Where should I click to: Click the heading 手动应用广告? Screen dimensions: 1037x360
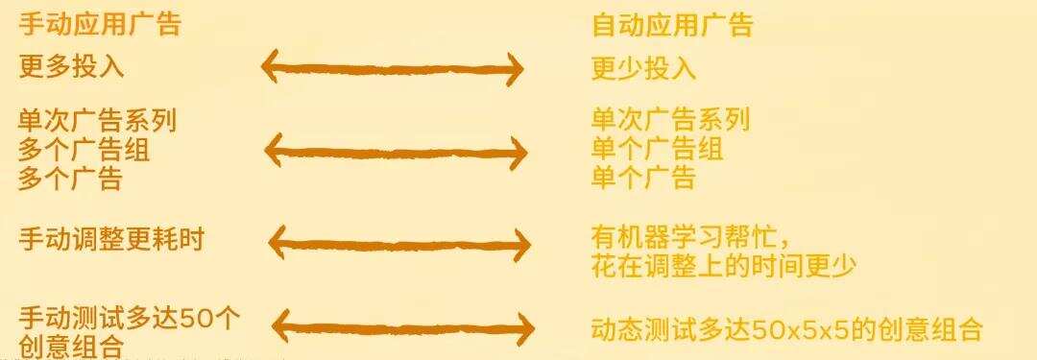click(100, 24)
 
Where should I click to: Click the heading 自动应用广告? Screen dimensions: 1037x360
click(672, 25)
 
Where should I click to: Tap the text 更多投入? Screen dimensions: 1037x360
click(72, 66)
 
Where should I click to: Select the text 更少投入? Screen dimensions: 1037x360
click(643, 68)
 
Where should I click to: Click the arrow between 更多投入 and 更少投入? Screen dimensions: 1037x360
click(393, 68)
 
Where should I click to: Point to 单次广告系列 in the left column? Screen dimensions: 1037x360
click(98, 121)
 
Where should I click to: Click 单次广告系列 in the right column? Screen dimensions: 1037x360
click(670, 120)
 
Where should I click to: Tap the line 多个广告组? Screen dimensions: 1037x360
click(84, 150)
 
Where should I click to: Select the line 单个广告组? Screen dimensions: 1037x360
click(657, 149)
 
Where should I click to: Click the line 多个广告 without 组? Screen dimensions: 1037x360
click(71, 179)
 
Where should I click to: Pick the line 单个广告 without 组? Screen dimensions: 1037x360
click(643, 178)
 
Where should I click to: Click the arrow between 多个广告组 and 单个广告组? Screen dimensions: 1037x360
click(395, 151)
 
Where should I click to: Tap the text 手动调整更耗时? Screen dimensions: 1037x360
click(111, 238)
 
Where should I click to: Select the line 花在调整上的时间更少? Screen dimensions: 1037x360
click(723, 266)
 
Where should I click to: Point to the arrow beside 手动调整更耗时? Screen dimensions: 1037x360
click(398, 242)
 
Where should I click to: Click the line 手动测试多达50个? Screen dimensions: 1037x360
click(130, 318)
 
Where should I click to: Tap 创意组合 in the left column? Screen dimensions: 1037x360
click(71, 346)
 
